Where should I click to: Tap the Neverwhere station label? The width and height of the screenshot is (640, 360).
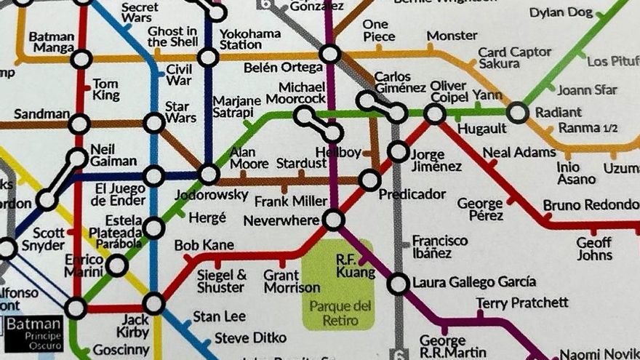point(281,220)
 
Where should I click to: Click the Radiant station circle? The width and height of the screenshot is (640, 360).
point(518,112)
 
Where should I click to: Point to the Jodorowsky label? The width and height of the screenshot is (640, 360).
point(203,195)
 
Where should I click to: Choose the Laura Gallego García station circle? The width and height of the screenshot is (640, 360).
point(398,283)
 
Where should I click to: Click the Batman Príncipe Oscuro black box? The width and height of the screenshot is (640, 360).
point(34,332)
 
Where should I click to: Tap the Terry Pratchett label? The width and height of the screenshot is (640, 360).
point(522,302)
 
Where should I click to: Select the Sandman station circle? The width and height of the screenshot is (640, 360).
point(79,124)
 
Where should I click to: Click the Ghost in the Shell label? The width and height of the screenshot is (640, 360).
point(172,36)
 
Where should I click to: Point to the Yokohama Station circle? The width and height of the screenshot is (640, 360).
point(209,57)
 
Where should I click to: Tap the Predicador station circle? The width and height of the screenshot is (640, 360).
point(369,180)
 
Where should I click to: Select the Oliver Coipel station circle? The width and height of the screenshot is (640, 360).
point(435,113)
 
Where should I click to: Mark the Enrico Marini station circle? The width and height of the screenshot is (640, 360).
point(117,265)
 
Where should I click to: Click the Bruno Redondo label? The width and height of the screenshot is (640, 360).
point(591,204)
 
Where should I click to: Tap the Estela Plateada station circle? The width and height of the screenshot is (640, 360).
point(154,228)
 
